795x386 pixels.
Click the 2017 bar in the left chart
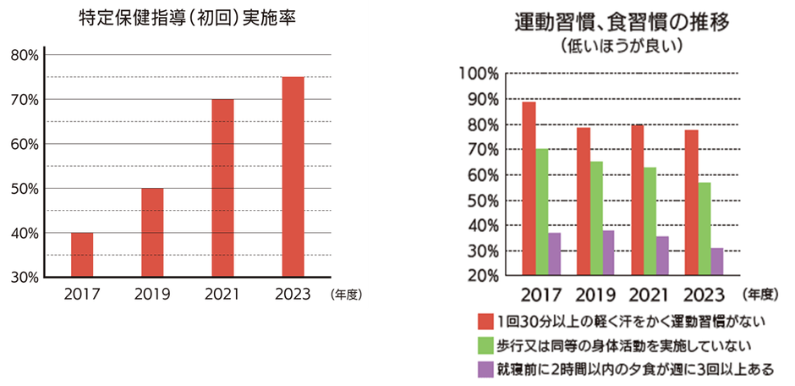[82, 254]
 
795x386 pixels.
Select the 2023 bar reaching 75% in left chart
[293, 176]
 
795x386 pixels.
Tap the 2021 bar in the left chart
[222, 187]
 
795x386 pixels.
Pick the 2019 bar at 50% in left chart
[152, 232]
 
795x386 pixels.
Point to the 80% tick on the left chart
[24, 55]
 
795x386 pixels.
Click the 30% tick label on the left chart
[24, 277]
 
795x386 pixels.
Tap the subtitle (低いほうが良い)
[621, 45]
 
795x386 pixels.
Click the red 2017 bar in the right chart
[529, 188]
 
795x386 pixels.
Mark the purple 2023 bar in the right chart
[717, 262]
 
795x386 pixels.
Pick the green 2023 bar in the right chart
[705, 229]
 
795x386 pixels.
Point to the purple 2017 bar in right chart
[555, 254]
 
